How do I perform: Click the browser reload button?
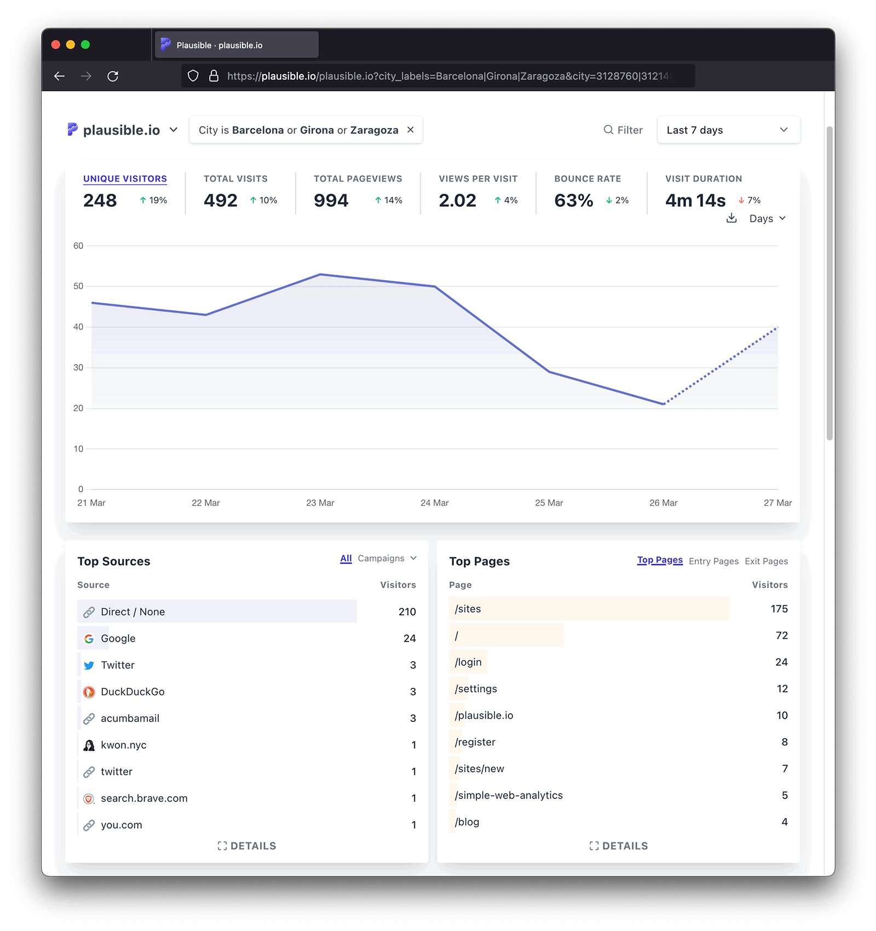click(113, 76)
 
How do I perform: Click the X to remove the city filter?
click(411, 130)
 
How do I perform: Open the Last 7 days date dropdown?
click(728, 130)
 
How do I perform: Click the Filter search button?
click(623, 130)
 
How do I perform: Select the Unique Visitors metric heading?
click(125, 178)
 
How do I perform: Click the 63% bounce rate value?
click(573, 200)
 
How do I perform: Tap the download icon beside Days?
click(731, 218)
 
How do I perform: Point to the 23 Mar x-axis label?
click(320, 502)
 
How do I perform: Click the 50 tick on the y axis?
click(79, 286)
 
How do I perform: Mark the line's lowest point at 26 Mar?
click(664, 404)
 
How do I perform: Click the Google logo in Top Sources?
click(89, 639)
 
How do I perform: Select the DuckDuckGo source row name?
click(132, 692)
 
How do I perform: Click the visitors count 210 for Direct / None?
click(407, 612)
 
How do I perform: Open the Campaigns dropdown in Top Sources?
click(387, 558)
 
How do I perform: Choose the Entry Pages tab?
click(713, 561)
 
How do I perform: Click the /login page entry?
click(468, 662)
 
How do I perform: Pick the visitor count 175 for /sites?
click(779, 609)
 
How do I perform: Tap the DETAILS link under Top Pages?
click(619, 846)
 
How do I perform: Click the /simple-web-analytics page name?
click(509, 795)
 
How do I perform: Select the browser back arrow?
click(60, 76)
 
